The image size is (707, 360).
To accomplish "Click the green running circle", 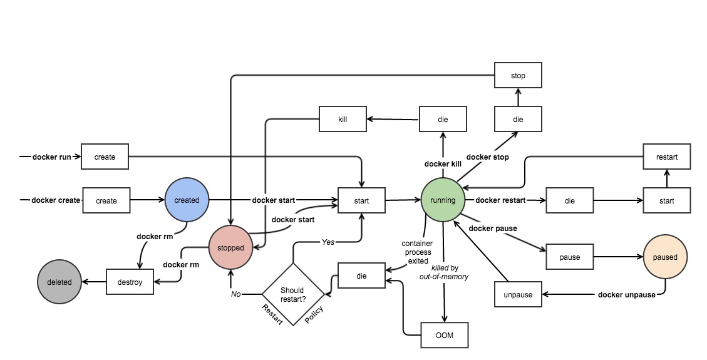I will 443,200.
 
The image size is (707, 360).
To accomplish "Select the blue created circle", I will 187,200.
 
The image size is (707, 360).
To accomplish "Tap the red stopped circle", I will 230,248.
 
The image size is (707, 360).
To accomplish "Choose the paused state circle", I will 665,257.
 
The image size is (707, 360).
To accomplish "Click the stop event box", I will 518,76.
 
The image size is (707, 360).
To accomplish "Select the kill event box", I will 343,118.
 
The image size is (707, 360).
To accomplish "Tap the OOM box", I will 445,335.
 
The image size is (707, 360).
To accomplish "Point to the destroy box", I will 130,282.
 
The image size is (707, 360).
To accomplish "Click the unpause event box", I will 518,295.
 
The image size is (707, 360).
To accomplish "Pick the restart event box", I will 667,157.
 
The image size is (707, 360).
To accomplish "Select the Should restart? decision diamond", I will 292,294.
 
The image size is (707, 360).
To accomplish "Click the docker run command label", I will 51,157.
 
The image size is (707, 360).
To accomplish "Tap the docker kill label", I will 443,164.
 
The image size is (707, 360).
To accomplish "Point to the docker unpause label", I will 626,295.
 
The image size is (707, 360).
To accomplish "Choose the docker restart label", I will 500,200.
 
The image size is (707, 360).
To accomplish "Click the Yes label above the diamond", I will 328,242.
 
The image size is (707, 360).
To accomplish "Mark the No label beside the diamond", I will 236,294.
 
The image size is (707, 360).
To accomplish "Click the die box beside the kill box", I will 443,118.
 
